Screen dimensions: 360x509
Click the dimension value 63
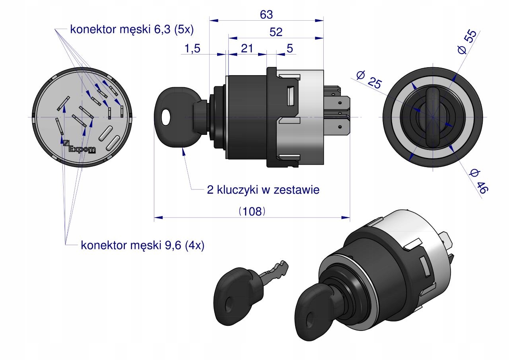tap(266, 15)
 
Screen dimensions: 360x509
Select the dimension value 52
tap(276, 33)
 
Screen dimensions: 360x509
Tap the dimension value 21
tap(247, 49)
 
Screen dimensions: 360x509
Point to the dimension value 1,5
tap(193, 49)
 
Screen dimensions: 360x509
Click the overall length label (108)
tap(252, 211)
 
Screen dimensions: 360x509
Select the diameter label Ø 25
tap(369, 79)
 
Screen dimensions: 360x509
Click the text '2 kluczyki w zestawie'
tap(263, 190)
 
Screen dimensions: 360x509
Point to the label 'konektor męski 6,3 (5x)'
tap(132, 29)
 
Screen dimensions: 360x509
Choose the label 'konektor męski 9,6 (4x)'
tap(142, 245)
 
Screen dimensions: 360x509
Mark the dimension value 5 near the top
tap(290, 49)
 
